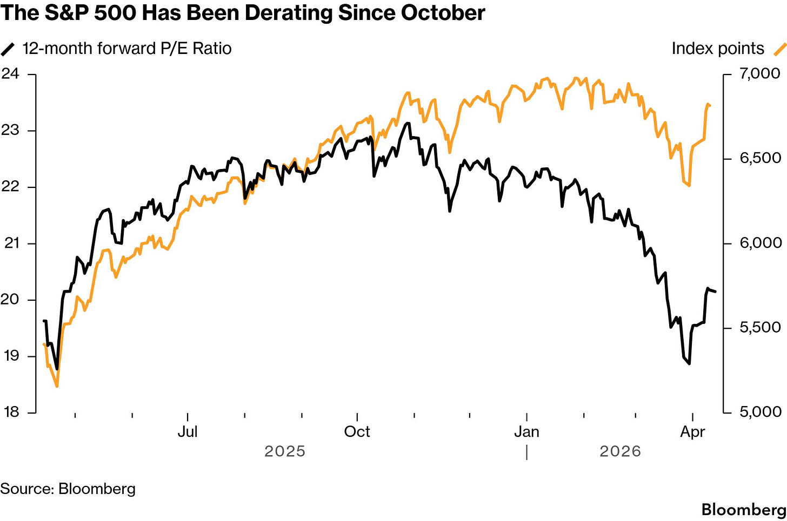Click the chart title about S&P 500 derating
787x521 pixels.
(x=243, y=13)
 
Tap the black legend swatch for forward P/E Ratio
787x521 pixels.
(x=9, y=49)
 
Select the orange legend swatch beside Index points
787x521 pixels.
(x=779, y=49)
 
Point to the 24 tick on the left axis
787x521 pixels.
(x=10, y=74)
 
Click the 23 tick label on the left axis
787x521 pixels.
(x=10, y=130)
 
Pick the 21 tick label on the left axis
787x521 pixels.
(x=10, y=243)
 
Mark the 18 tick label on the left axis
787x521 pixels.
(x=10, y=412)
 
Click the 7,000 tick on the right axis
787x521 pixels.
(x=760, y=73)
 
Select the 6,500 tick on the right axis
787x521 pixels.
(x=760, y=158)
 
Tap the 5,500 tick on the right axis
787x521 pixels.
(x=760, y=328)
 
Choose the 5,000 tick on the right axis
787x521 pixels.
(x=760, y=412)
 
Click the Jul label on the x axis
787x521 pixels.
(x=188, y=432)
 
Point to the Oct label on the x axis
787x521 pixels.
(x=357, y=432)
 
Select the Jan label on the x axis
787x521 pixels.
(x=526, y=432)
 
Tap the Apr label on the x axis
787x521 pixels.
(x=692, y=432)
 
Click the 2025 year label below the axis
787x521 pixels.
(x=285, y=451)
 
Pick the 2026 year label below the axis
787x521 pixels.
(x=620, y=451)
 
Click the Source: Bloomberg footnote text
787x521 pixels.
(x=68, y=489)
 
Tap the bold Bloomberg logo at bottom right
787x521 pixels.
(x=744, y=509)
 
